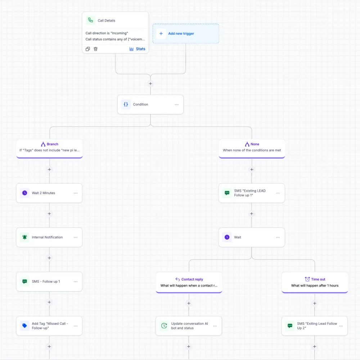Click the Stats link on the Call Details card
point(137,49)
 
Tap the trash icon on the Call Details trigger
point(95,49)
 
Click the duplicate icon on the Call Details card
point(88,49)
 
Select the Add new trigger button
point(186,33)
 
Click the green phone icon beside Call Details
point(91,20)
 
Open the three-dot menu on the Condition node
point(176,104)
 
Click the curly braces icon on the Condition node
point(126,104)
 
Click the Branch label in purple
point(52,144)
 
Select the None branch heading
point(255,144)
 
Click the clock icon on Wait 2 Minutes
point(24,193)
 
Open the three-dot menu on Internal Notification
point(76,237)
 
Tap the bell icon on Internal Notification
point(24,237)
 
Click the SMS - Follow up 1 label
point(46,282)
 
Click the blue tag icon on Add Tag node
point(24,326)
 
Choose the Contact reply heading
point(192,279)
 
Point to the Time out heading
point(318,279)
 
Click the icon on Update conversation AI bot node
point(164,326)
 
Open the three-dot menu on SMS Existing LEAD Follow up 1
point(278,193)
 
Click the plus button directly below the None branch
point(252,170)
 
